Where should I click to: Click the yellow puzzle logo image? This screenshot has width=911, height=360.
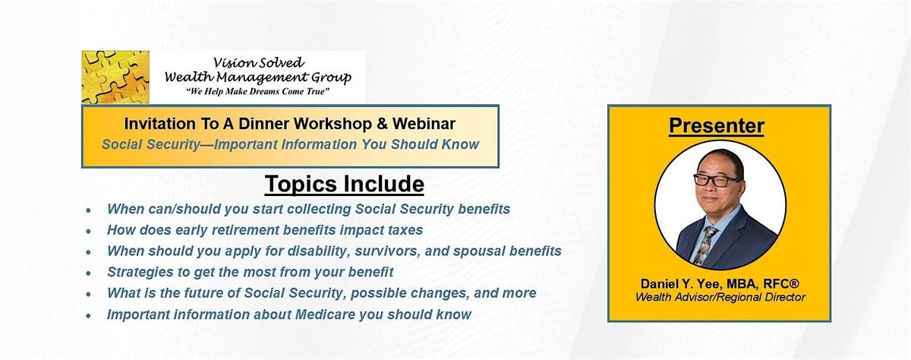click(115, 77)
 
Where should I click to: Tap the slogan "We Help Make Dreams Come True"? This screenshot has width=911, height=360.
click(257, 92)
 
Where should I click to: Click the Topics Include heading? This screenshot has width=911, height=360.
click(345, 184)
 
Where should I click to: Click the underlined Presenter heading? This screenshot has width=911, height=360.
click(717, 125)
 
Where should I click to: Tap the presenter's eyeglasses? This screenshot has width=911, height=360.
click(716, 180)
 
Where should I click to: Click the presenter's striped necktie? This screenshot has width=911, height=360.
click(705, 245)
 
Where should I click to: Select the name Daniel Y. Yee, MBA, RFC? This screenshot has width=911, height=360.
click(720, 283)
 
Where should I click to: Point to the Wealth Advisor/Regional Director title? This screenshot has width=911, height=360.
click(720, 297)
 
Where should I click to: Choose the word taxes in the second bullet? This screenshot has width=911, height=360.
click(405, 230)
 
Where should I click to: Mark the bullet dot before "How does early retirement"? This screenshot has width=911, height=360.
click(89, 231)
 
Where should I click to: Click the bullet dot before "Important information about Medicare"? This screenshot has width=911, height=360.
click(89, 315)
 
